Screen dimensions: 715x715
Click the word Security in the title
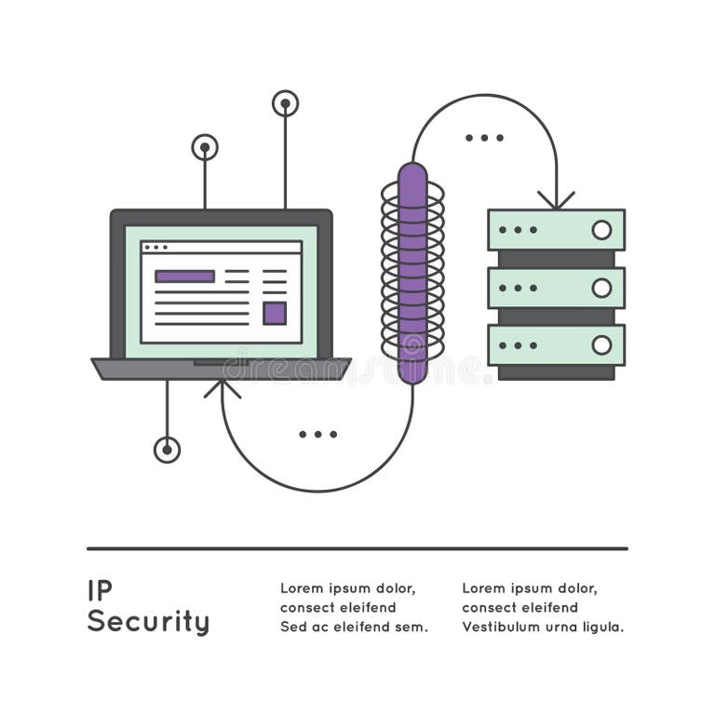click(x=148, y=622)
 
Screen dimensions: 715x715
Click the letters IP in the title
click(x=100, y=590)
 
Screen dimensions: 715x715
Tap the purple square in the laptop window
click(x=274, y=313)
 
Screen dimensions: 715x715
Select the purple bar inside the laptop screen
click(x=184, y=277)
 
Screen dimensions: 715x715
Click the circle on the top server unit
click(x=601, y=230)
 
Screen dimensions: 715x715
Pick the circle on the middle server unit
click(x=601, y=288)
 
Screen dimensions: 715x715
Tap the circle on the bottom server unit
click(x=601, y=345)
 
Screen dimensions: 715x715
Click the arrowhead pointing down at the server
click(x=556, y=200)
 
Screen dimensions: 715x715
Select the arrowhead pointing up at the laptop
click(x=222, y=387)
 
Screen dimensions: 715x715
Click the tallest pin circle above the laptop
click(x=285, y=103)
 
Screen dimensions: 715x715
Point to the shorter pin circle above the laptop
click(x=205, y=147)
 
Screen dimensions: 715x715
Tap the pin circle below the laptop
click(x=167, y=450)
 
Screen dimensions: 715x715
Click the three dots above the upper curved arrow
click(x=484, y=138)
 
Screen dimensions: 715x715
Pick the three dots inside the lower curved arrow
click(x=318, y=434)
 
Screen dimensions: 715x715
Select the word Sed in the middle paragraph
click(x=293, y=627)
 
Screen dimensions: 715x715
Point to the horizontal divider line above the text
click(x=357, y=548)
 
